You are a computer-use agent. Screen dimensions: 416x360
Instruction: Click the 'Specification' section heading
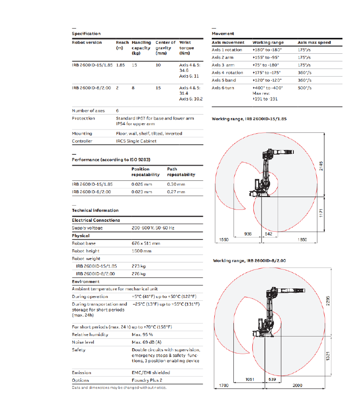click(86, 33)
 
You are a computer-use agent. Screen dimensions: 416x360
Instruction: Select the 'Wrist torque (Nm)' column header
click(186, 48)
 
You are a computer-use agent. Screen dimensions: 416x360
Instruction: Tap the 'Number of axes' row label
click(86, 110)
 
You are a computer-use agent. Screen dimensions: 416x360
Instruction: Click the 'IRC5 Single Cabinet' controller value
click(136, 141)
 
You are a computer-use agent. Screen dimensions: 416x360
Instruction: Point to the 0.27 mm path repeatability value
click(176, 191)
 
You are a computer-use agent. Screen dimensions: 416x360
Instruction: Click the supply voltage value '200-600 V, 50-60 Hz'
click(153, 228)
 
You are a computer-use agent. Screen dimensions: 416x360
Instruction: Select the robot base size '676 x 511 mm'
click(146, 243)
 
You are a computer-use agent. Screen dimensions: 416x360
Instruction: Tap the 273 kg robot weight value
click(139, 266)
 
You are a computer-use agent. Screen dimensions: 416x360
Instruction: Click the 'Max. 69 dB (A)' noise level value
click(147, 342)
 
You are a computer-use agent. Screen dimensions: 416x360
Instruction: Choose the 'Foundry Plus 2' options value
click(147, 380)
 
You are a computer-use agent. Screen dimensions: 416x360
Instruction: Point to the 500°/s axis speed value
click(305, 88)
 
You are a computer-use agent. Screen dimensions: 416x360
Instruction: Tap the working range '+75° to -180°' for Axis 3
click(266, 65)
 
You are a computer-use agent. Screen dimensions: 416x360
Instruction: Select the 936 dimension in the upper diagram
click(248, 234)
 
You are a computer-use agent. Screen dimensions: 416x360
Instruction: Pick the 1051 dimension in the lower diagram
click(249, 379)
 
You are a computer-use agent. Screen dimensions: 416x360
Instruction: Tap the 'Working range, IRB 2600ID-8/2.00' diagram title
click(250, 260)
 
